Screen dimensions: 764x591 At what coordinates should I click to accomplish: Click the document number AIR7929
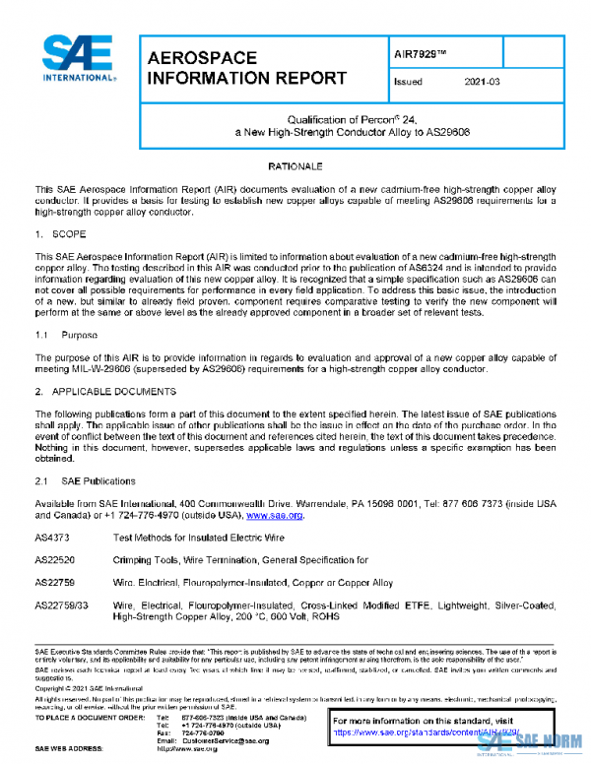click(x=413, y=48)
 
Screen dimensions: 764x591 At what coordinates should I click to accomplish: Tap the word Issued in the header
click(x=407, y=83)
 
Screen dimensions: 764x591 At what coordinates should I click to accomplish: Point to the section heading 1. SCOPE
click(x=58, y=235)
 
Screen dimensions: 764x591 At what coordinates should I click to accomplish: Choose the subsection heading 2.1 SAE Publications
click(x=84, y=480)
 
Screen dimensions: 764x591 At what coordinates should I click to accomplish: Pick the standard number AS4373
click(x=53, y=539)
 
